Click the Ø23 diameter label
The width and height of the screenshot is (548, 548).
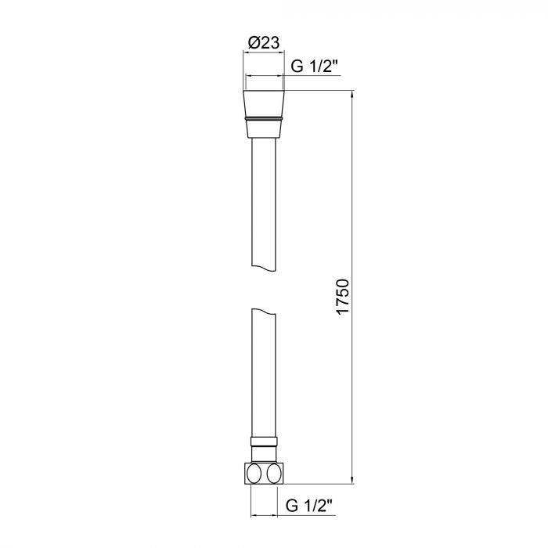[x=264, y=42]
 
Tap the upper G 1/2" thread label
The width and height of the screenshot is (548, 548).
[x=315, y=66]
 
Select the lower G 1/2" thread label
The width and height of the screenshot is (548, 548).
[x=309, y=506]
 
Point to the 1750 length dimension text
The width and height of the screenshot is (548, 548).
[x=343, y=297]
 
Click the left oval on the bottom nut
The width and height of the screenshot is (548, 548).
[x=254, y=474]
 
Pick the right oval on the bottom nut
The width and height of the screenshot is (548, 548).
[x=273, y=474]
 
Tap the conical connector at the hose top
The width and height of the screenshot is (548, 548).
[x=264, y=114]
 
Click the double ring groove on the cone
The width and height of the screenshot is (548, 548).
[x=264, y=118]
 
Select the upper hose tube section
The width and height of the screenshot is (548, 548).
[x=264, y=204]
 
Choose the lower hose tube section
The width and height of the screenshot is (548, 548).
[x=264, y=373]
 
